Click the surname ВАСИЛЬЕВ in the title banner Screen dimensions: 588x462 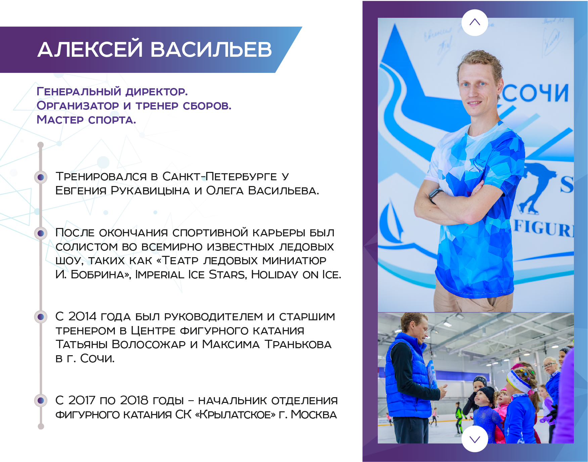211,50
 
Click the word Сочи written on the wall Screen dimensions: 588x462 536,93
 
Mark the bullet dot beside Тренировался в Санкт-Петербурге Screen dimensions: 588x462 41,177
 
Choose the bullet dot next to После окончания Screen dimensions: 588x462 41,233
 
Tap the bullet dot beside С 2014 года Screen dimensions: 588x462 41,317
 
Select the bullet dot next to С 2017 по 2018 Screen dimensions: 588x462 41,400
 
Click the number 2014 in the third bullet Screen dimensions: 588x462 83,316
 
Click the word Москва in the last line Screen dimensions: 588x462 314,414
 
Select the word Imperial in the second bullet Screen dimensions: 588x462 160,275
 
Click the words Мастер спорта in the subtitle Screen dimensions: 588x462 86,120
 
